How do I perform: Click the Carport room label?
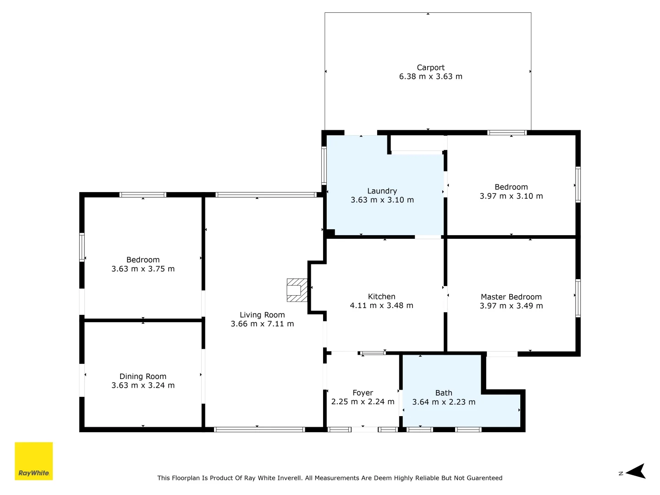[x=430, y=67]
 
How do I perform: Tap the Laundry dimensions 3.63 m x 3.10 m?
[x=382, y=200]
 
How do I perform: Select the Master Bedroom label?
[x=511, y=297]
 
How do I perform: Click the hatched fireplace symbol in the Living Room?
[x=297, y=290]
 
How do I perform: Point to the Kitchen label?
[x=381, y=297]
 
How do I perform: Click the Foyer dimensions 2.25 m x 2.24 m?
[x=363, y=401]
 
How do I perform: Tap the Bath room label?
[x=443, y=393]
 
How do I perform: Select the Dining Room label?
[x=143, y=376]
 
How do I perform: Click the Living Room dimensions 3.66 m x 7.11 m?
[x=262, y=324]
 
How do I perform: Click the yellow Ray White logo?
[x=34, y=461]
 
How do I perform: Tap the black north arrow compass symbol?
[x=636, y=471]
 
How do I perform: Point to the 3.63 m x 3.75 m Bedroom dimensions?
[x=143, y=269]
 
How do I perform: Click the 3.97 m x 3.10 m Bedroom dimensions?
[x=511, y=196]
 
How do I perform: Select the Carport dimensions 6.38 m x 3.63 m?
[x=430, y=77]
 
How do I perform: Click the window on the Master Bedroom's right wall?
[x=578, y=298]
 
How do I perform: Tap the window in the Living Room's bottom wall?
[x=259, y=429]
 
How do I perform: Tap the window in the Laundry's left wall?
[x=324, y=165]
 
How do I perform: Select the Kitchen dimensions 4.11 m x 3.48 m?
[x=381, y=306]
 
